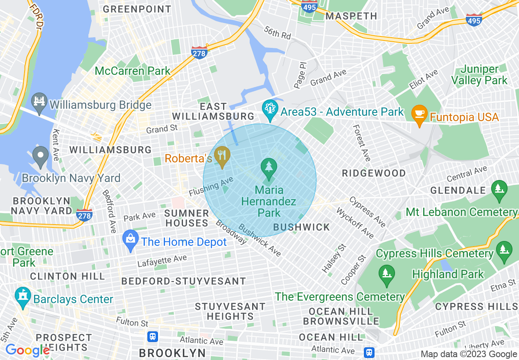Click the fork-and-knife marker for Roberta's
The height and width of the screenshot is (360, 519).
click(x=222, y=156)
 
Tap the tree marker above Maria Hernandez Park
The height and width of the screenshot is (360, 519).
click(x=269, y=169)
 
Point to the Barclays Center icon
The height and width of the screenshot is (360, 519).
click(x=23, y=298)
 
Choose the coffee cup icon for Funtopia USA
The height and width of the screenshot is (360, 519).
click(x=419, y=114)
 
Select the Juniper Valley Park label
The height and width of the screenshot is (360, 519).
click(x=480, y=75)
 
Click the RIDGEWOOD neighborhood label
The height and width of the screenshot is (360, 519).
click(x=374, y=173)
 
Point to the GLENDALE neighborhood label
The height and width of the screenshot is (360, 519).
click(x=458, y=190)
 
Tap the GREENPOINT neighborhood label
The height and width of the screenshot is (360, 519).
click(x=137, y=9)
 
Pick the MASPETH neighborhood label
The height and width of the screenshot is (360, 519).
click(x=351, y=16)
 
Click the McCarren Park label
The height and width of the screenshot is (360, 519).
click(x=132, y=71)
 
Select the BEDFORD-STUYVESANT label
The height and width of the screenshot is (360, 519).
click(x=184, y=281)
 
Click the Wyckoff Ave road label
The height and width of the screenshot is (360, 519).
click(x=355, y=223)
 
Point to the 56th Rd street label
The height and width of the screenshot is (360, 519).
click(x=277, y=33)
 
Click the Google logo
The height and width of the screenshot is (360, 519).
click(x=27, y=351)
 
